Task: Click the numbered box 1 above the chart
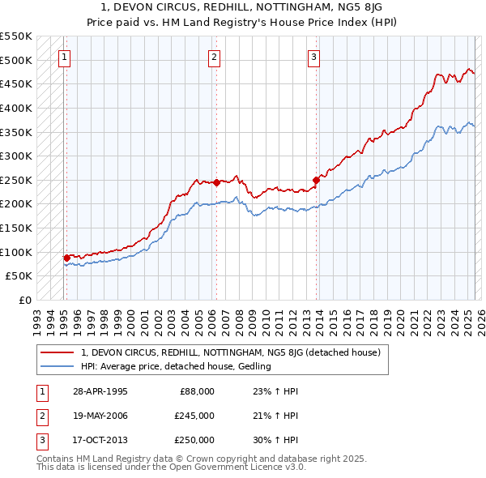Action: click(x=64, y=57)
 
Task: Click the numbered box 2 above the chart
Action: click(x=214, y=57)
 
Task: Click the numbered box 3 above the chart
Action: click(x=313, y=57)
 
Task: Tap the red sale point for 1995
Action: click(x=67, y=258)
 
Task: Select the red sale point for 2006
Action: click(x=217, y=182)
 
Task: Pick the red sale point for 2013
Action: click(x=317, y=180)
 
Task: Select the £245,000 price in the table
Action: click(x=194, y=416)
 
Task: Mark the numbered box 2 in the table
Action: click(x=41, y=416)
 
